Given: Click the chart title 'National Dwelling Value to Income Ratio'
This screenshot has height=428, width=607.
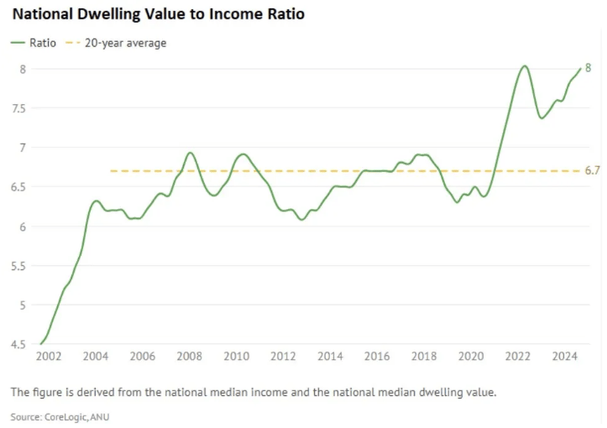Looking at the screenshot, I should [158, 14].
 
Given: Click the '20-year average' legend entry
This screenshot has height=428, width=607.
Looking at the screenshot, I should [123, 43].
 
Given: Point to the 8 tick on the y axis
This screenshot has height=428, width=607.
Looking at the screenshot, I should [23, 69].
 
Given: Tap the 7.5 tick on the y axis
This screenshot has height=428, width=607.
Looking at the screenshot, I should [18, 108].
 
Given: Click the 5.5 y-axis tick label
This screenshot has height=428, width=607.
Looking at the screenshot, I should [18, 266].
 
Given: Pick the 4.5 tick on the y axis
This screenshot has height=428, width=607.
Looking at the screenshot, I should [18, 344].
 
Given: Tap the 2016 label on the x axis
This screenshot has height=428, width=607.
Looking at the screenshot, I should [378, 357].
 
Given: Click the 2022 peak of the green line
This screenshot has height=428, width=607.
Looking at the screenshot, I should [524, 65].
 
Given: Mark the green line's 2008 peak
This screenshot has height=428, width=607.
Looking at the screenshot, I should [190, 153].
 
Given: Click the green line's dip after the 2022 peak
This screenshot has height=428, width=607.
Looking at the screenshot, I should [542, 118].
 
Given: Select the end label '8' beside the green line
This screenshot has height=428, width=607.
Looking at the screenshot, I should [589, 68].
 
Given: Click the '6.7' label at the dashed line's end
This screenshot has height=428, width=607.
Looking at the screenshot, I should [592, 171].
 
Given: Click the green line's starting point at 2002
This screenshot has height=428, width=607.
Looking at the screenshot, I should [40, 344].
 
